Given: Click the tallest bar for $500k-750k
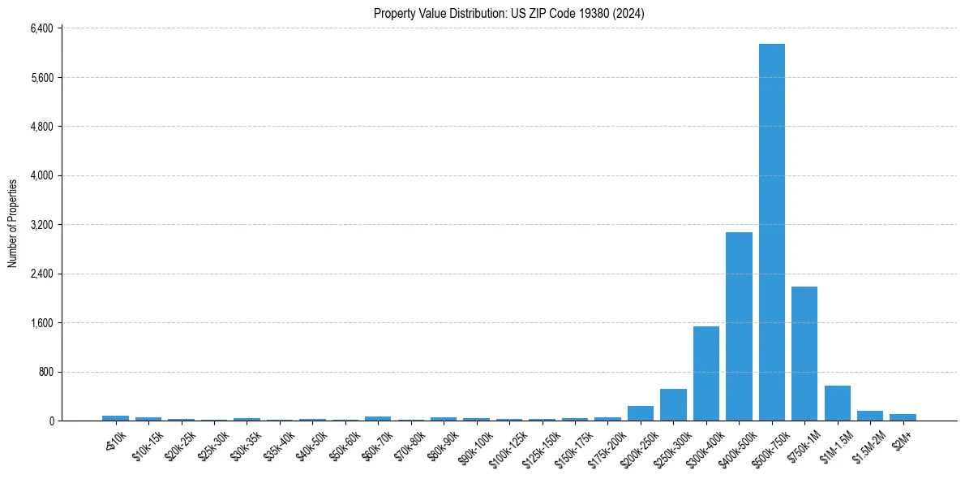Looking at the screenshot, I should click(x=771, y=232).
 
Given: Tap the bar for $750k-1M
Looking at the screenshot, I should click(x=804, y=354).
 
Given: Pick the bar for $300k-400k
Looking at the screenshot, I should click(x=706, y=373).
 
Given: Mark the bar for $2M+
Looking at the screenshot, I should click(x=903, y=417).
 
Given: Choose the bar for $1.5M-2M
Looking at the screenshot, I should click(x=870, y=416).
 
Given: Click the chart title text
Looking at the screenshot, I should click(x=509, y=14).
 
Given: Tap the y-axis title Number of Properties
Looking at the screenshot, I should click(x=13, y=223).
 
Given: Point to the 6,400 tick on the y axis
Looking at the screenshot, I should click(x=41, y=28).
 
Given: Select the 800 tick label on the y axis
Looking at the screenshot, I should click(x=45, y=372).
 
